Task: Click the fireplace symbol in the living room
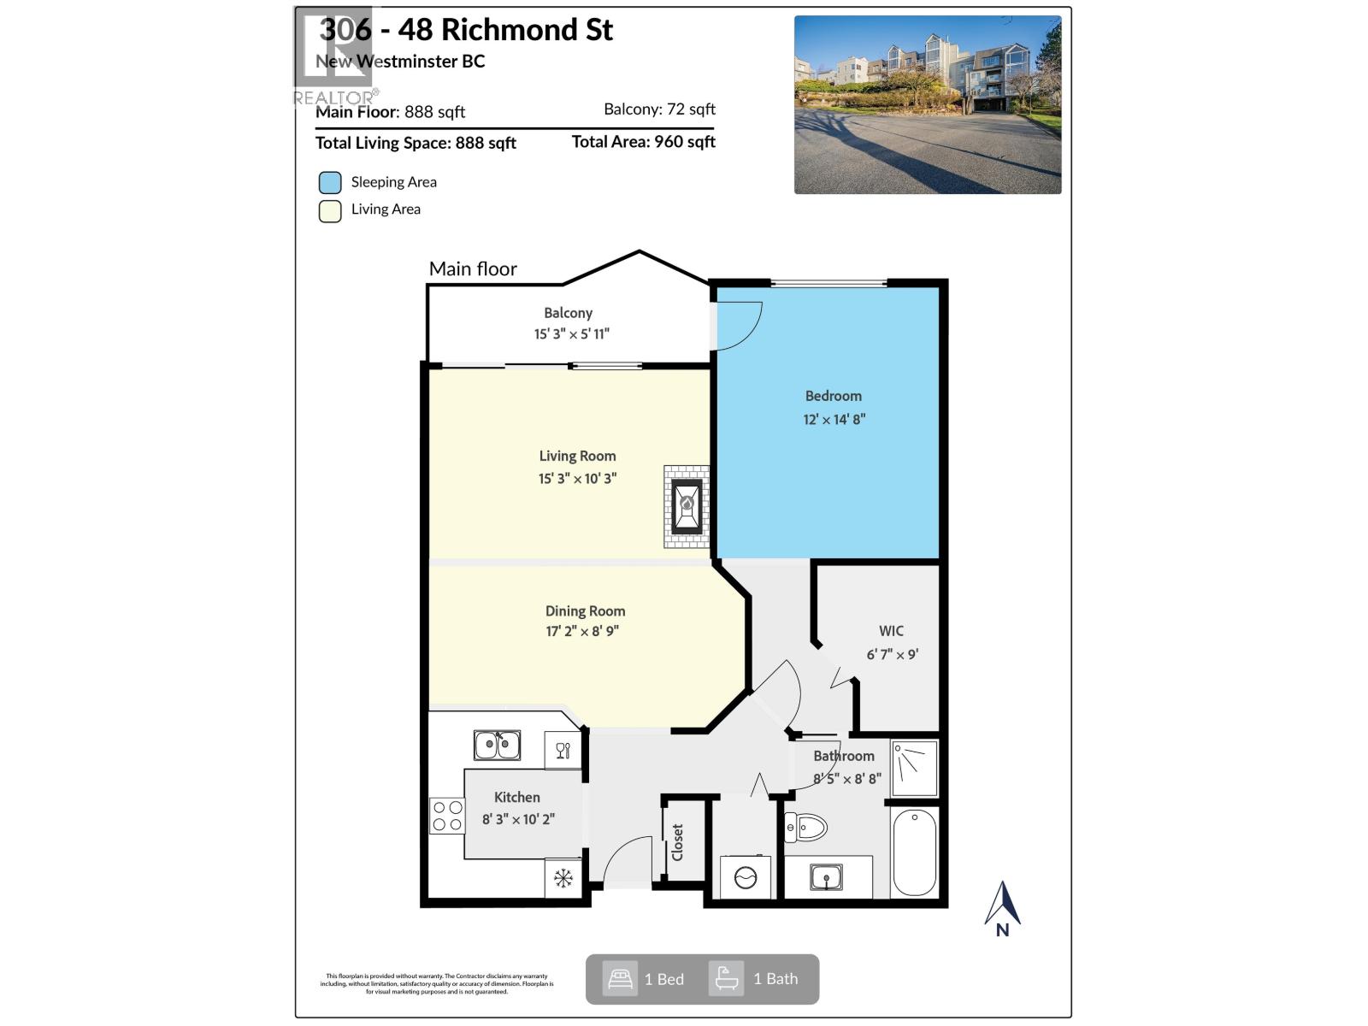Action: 687,506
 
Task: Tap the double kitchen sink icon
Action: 497,745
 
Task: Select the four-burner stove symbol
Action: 446,816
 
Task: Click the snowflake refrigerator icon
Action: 563,878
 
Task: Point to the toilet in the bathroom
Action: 806,827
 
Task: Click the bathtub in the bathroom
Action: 914,852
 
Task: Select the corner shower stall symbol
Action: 914,769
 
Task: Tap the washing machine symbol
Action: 746,877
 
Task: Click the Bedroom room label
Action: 833,396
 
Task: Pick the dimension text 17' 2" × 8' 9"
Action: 582,632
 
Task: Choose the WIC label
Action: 891,631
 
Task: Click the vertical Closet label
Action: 677,842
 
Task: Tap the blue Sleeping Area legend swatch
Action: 330,182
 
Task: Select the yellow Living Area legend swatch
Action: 330,210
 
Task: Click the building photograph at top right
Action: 928,104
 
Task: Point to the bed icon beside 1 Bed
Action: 619,978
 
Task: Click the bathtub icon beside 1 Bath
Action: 726,978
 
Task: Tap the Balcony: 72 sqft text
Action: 659,109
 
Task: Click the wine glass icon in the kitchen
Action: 563,751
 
